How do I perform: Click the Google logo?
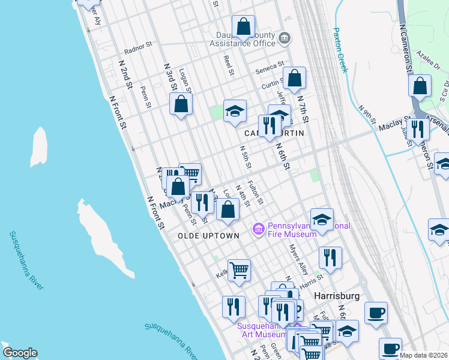pos(20,353)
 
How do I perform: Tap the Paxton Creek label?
pos(340,50)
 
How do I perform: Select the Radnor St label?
pos(139,50)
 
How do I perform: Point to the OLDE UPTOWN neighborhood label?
pos(208,236)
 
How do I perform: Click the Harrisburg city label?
pos(337,296)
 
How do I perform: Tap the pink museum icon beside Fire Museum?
pos(259,229)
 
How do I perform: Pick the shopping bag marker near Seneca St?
pos(294,79)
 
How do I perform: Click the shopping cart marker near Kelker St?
pos(239,271)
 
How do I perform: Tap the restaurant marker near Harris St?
pos(330,258)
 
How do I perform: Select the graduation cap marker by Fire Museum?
pos(322,219)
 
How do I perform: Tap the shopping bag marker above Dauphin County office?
pos(243,26)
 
